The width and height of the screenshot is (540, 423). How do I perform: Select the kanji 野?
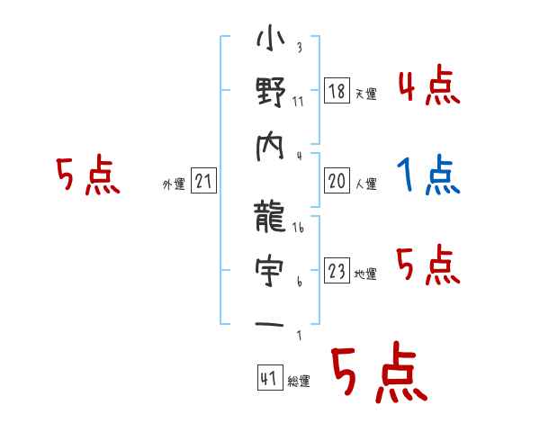click(x=271, y=94)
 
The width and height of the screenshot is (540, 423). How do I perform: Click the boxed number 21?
click(x=203, y=182)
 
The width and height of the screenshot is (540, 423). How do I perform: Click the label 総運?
click(x=298, y=382)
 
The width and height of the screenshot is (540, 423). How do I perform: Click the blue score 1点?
click(x=428, y=175)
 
